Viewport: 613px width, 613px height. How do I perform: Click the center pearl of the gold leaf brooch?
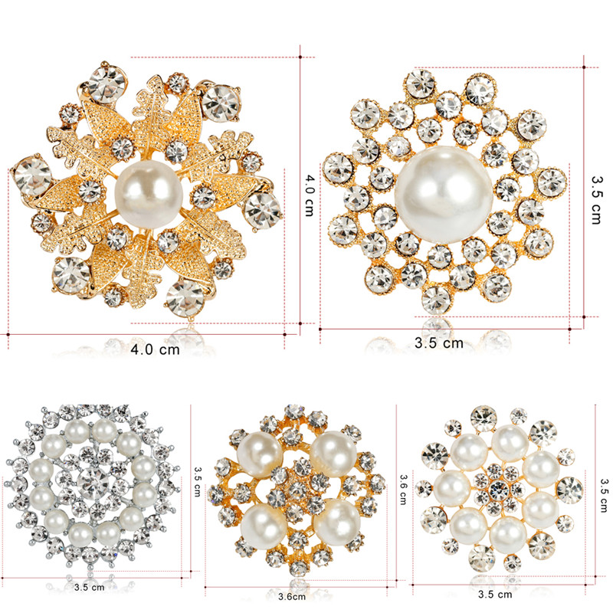pyautogui.click(x=149, y=195)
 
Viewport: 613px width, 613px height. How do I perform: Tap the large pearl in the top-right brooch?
pyautogui.click(x=444, y=195)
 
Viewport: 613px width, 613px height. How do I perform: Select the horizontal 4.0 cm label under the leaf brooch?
pyautogui.click(x=156, y=349)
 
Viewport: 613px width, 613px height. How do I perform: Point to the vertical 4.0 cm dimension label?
pyautogui.click(x=310, y=195)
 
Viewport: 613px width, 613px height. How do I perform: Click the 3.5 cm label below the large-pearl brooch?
pyautogui.click(x=438, y=343)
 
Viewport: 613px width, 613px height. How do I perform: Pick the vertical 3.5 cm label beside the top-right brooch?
pyautogui.click(x=596, y=200)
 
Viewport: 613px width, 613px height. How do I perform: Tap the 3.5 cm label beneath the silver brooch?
pyautogui.click(x=89, y=587)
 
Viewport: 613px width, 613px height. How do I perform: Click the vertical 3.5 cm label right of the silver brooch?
pyautogui.click(x=198, y=481)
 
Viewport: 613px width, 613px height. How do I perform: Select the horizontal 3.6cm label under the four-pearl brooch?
pyautogui.click(x=292, y=597)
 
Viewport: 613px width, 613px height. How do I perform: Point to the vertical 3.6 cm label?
pyautogui.click(x=403, y=489)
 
